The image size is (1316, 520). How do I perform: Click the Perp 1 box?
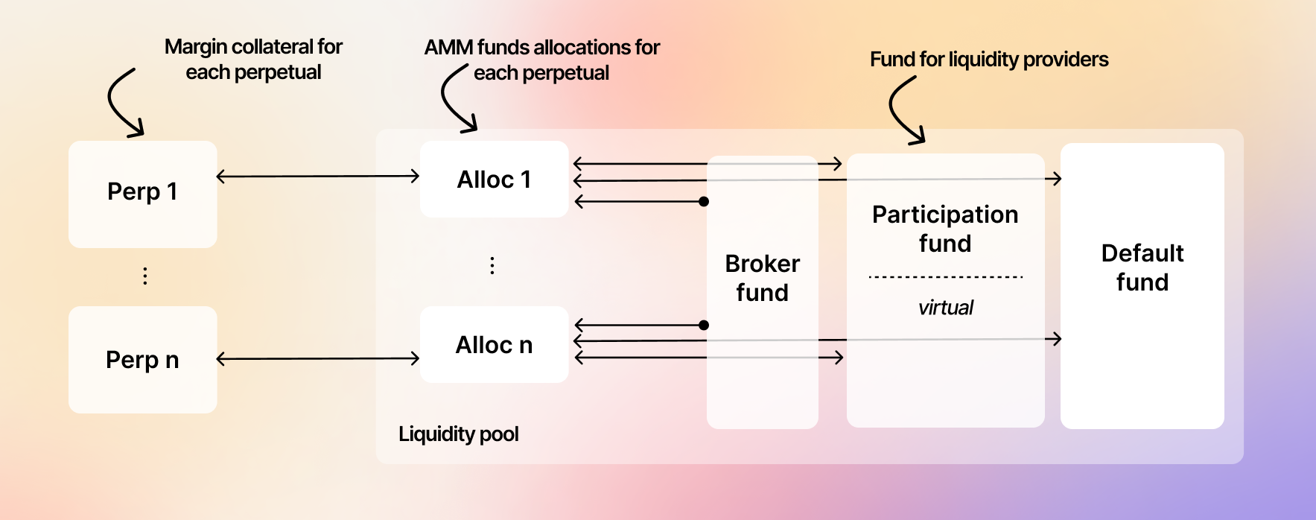click(142, 193)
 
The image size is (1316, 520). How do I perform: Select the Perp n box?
click(142, 360)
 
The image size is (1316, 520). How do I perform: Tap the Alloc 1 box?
click(494, 180)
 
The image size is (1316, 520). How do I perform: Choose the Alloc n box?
click(494, 345)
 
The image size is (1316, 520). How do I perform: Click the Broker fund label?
click(762, 278)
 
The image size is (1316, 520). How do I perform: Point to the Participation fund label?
click(945, 229)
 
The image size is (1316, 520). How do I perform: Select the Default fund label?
click(1142, 267)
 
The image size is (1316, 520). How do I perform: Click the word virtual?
click(945, 308)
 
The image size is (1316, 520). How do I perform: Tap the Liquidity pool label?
click(458, 434)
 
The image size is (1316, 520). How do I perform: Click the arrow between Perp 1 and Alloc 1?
click(318, 177)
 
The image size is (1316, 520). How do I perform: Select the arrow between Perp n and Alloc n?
click(318, 359)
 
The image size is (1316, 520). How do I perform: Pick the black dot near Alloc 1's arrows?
click(704, 201)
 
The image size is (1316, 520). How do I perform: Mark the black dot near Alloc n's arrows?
click(704, 325)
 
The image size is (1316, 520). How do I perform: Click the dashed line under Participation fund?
click(945, 277)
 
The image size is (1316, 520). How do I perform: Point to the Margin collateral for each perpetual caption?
click(253, 60)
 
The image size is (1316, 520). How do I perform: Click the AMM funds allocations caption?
click(542, 60)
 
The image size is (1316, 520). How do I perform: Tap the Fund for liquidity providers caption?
click(989, 60)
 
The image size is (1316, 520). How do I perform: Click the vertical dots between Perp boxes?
click(145, 276)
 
